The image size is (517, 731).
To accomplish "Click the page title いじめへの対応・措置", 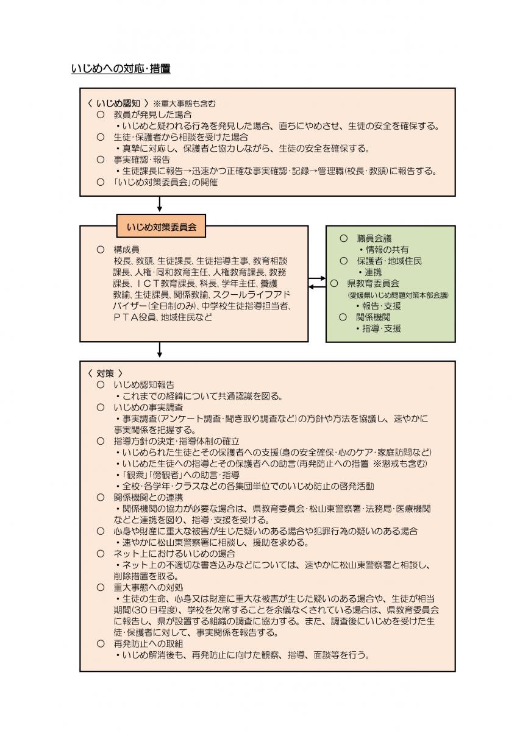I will [x=121, y=69].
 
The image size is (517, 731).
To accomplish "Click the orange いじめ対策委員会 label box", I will [x=161, y=228].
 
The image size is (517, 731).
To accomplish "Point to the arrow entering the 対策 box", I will [x=160, y=350].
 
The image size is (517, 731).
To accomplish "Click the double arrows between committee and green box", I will [x=317, y=282].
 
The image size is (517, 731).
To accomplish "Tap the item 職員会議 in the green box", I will [x=374, y=238].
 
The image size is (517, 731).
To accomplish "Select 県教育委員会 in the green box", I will [x=373, y=283].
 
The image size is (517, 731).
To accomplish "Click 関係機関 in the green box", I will [x=373, y=317].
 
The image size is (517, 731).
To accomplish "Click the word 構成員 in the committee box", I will [x=126, y=249].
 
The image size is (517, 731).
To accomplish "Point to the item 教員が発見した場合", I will [x=153, y=115].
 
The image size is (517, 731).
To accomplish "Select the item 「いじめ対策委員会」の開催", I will [x=165, y=182].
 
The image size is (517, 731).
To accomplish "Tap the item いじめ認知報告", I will [x=144, y=385].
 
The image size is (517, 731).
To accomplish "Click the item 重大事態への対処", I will [x=148, y=587].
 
